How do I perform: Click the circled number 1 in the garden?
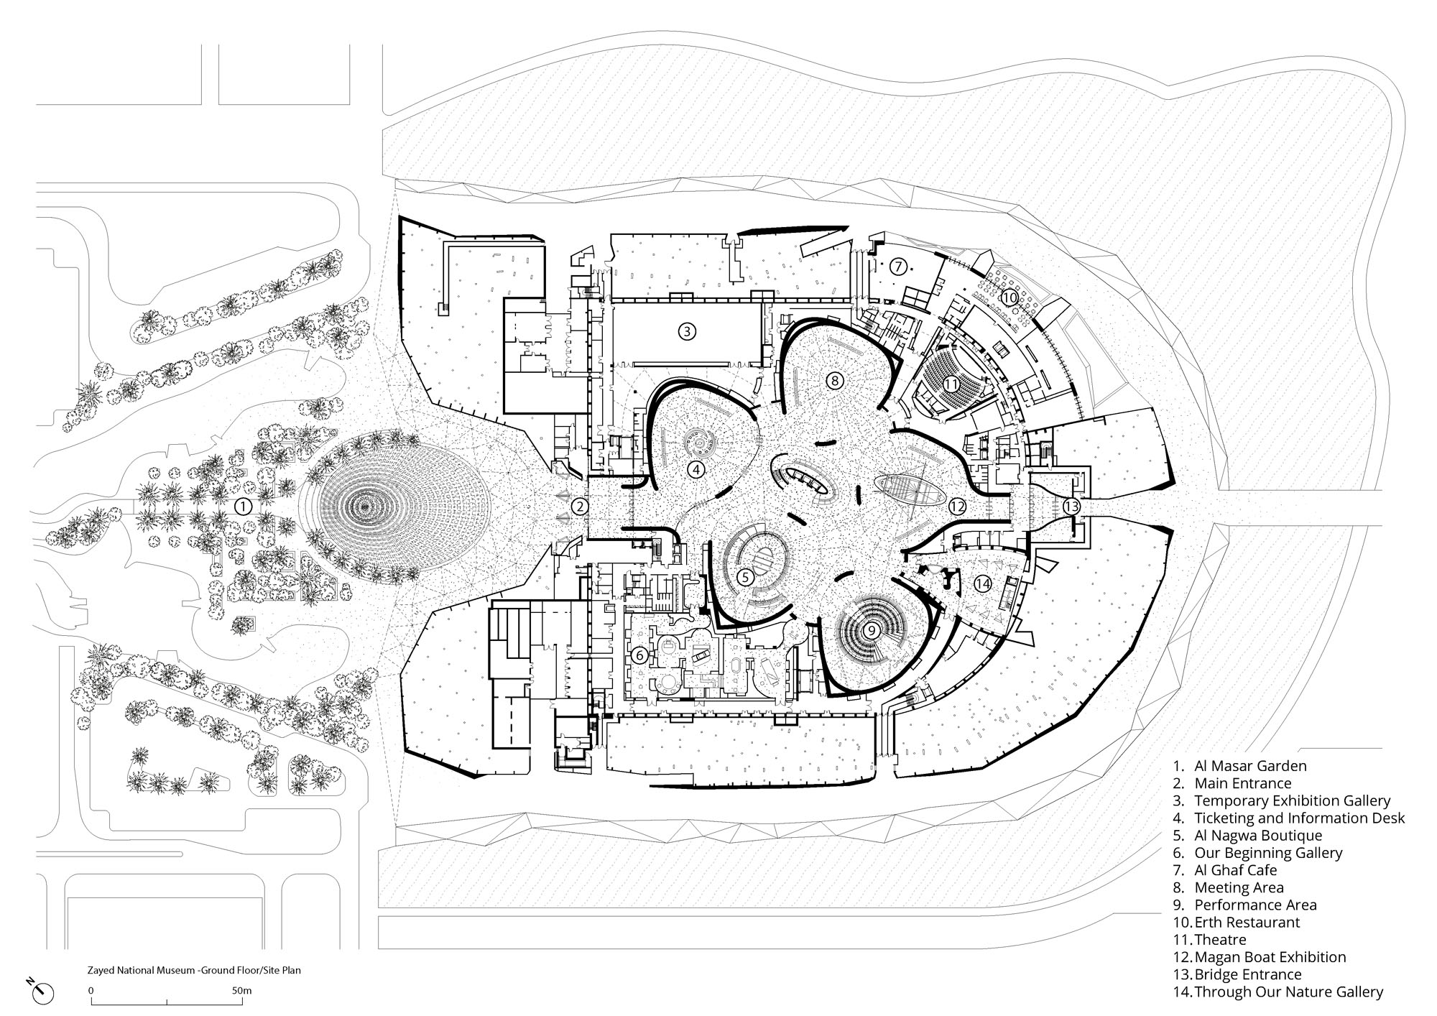(x=244, y=506)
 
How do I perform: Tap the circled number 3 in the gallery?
(x=687, y=331)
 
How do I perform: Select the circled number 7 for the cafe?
(x=897, y=267)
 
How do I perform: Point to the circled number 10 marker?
(x=1009, y=297)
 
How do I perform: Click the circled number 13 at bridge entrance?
(x=1071, y=506)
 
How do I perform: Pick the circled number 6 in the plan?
(x=639, y=655)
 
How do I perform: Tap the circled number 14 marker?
(x=983, y=584)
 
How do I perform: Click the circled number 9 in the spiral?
(x=871, y=630)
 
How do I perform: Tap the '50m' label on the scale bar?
(x=241, y=991)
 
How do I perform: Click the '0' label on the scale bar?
(x=91, y=991)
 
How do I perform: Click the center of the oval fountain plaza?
(x=366, y=507)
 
